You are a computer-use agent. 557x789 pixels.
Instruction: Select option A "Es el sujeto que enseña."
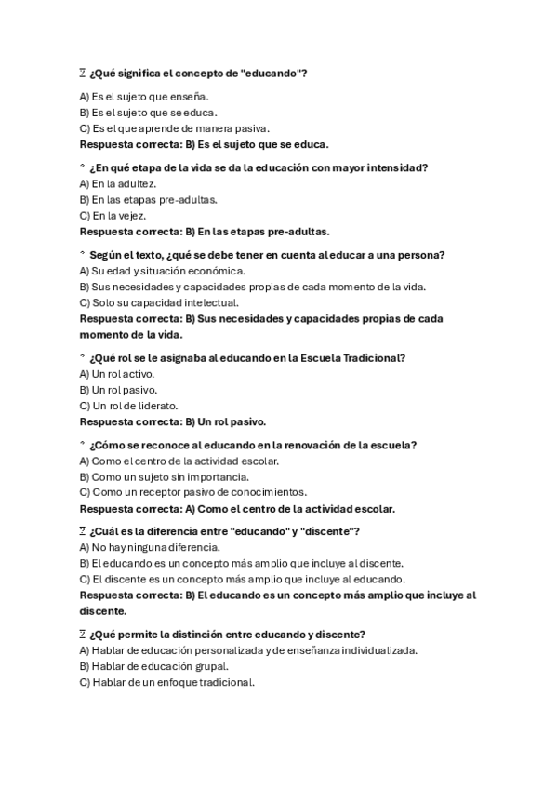[144, 96]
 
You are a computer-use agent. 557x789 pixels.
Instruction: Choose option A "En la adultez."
[118, 183]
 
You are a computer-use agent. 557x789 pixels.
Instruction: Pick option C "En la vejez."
[113, 215]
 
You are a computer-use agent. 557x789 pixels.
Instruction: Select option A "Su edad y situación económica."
[162, 270]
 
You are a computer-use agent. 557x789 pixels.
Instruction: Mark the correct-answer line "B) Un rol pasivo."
[225, 421]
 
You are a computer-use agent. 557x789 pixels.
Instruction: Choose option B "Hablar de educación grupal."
[154, 666]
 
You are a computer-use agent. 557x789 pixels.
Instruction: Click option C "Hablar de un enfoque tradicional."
[166, 682]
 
